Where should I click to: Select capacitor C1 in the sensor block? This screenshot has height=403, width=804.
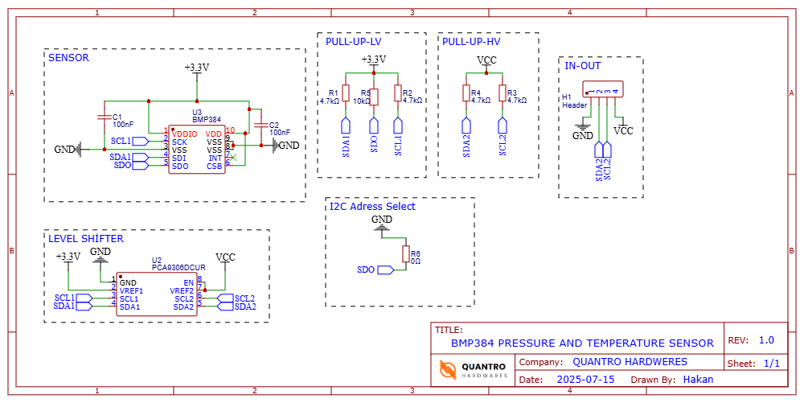[x=103, y=117]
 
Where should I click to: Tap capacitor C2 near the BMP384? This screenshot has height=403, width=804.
[x=260, y=125]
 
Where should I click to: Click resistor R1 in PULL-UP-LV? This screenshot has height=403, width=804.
[x=346, y=93]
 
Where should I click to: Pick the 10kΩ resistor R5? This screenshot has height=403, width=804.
[x=374, y=93]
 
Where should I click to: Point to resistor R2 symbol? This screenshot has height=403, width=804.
[x=398, y=93]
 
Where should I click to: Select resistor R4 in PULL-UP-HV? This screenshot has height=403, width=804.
[x=466, y=93]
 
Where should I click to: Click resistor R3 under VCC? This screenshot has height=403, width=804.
[x=503, y=93]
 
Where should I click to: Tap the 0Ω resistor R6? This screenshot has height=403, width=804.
[x=406, y=254]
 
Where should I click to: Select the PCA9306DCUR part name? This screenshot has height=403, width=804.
[x=179, y=267]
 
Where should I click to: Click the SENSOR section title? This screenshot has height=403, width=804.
[x=68, y=58]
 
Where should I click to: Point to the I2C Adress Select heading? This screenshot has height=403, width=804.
[x=373, y=207]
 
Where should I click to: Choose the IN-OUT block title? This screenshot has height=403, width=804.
[x=582, y=66]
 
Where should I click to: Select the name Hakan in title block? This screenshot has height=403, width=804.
[x=698, y=379]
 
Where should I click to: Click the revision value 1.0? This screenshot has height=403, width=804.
[x=766, y=340]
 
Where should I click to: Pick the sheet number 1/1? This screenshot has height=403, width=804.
[x=772, y=364]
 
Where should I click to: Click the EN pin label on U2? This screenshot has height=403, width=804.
[x=189, y=282]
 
